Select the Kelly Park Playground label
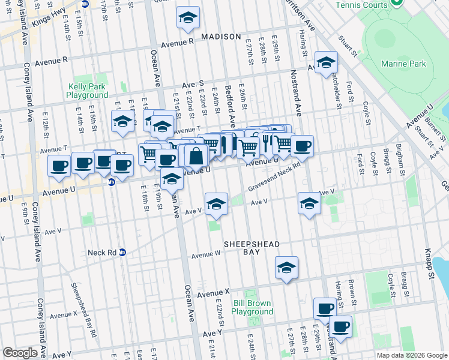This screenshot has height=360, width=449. [x=87, y=91]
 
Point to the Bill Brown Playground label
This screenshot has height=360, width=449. [x=252, y=307]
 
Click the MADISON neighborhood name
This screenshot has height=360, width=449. [x=220, y=37]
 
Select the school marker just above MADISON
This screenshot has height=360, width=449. [x=188, y=19]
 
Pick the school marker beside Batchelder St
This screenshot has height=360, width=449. [x=326, y=63]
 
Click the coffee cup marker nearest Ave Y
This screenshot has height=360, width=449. [x=341, y=327]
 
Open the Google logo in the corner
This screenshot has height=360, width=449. [x=20, y=353]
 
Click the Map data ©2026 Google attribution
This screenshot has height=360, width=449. [x=411, y=355]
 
